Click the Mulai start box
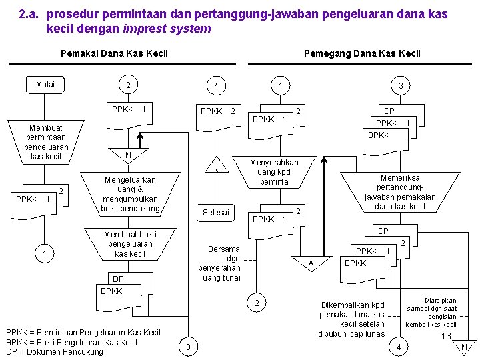coord(45,85)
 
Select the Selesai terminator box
coord(216,213)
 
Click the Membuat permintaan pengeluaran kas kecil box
coord(45,142)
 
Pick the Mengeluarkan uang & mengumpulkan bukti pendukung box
coord(130,195)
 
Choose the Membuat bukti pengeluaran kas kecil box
coord(130,244)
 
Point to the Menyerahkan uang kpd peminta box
coord(274,172)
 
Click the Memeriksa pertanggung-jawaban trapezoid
coord(399,193)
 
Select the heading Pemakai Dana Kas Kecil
coord(114,53)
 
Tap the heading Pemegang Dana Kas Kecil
coord(362,53)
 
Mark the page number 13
coord(446,336)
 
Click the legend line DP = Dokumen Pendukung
coord(54,352)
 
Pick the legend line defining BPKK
coord(71,342)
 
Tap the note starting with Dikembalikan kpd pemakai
coord(352,319)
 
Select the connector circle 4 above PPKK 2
coord(216,86)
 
